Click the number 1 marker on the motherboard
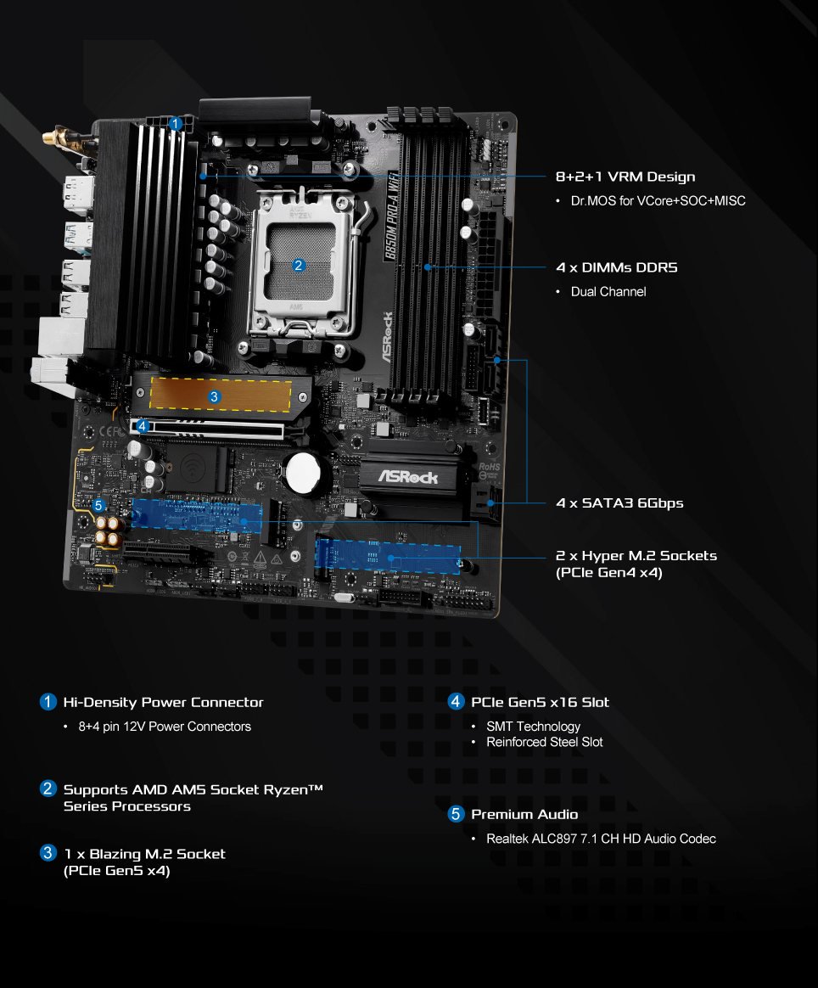pyautogui.click(x=175, y=124)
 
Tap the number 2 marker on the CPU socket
pyautogui.click(x=298, y=265)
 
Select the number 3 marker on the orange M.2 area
pyautogui.click(x=214, y=396)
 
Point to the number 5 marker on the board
pyautogui.click(x=99, y=505)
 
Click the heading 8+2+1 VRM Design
pyautogui.click(x=625, y=177)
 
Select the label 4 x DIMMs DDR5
pyautogui.click(x=617, y=267)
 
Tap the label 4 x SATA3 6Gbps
pyautogui.click(x=619, y=502)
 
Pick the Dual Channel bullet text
pyautogui.click(x=608, y=291)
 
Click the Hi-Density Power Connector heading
pyautogui.click(x=163, y=702)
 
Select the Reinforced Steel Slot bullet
pyautogui.click(x=544, y=742)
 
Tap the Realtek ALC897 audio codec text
pyautogui.click(x=601, y=839)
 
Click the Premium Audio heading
pyautogui.click(x=524, y=814)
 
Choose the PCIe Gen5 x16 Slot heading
pyautogui.click(x=540, y=702)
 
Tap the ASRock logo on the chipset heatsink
pyautogui.click(x=408, y=476)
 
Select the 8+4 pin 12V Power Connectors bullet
pyautogui.click(x=165, y=727)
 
